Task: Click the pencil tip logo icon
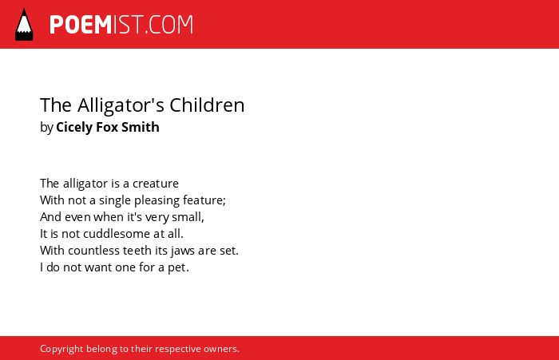24,25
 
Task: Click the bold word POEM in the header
81,25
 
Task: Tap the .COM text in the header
169,25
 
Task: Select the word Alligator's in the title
121,105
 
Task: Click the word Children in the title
207,105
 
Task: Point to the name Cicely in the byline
73,128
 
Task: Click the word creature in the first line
156,184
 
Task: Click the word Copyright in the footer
61,349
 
